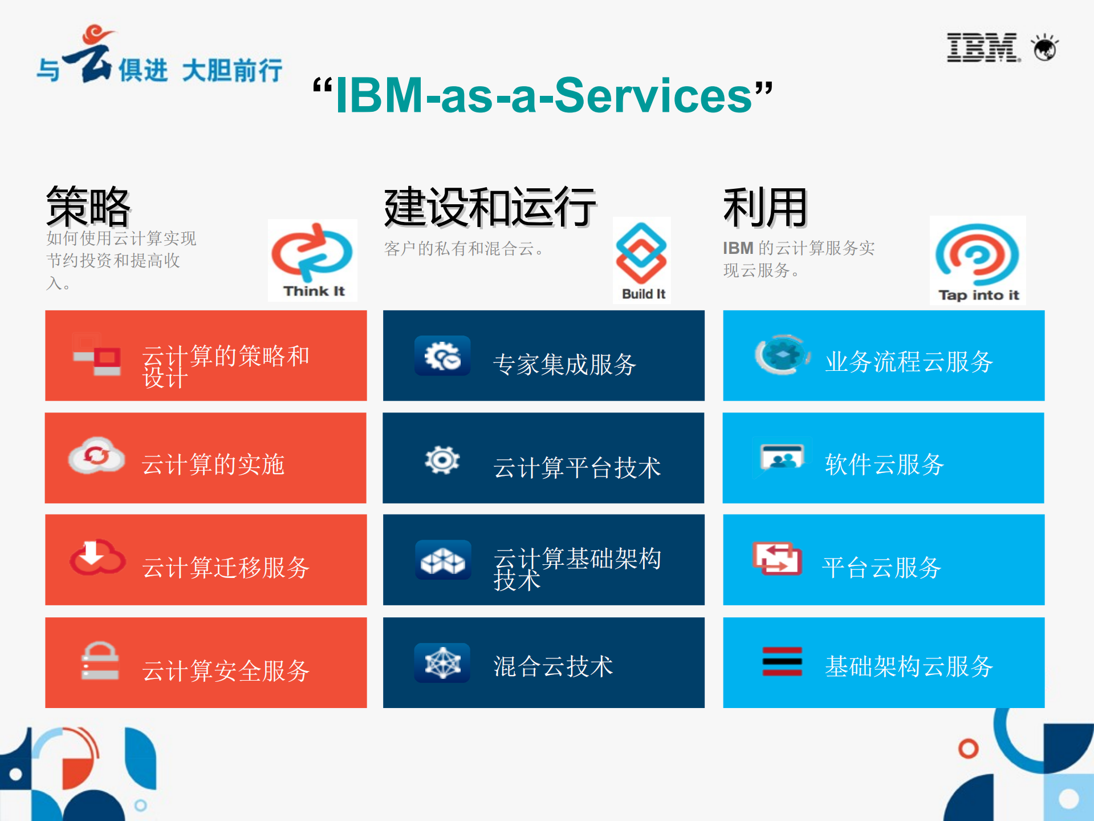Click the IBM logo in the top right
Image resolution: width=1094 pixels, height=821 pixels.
coord(983,47)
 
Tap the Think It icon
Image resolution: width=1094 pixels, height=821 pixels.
coord(312,260)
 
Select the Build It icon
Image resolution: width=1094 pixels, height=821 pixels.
coord(641,260)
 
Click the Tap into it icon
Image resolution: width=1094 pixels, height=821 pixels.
coord(977,260)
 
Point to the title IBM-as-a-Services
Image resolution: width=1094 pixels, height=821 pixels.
coord(543,95)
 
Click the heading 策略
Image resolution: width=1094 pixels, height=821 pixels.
coord(88,206)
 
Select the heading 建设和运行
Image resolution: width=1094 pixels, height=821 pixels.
coord(490,207)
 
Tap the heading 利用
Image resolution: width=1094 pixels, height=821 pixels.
coord(764,207)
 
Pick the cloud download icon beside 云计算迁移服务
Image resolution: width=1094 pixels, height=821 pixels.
coord(97,557)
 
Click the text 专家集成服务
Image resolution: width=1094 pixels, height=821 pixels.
coord(564,364)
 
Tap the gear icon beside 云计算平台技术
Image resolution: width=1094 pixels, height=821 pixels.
coord(442,460)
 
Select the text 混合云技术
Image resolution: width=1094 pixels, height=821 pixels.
coord(553,666)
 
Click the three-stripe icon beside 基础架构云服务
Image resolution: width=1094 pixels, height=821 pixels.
coord(782,661)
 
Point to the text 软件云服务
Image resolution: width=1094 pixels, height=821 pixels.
coord(884,464)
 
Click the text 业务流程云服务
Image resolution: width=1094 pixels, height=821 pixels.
coord(909,361)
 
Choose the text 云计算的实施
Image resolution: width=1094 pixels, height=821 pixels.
coord(213,464)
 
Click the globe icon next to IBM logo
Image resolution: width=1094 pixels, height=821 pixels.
coord(1045,48)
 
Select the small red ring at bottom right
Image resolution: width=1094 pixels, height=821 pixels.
coord(968,748)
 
